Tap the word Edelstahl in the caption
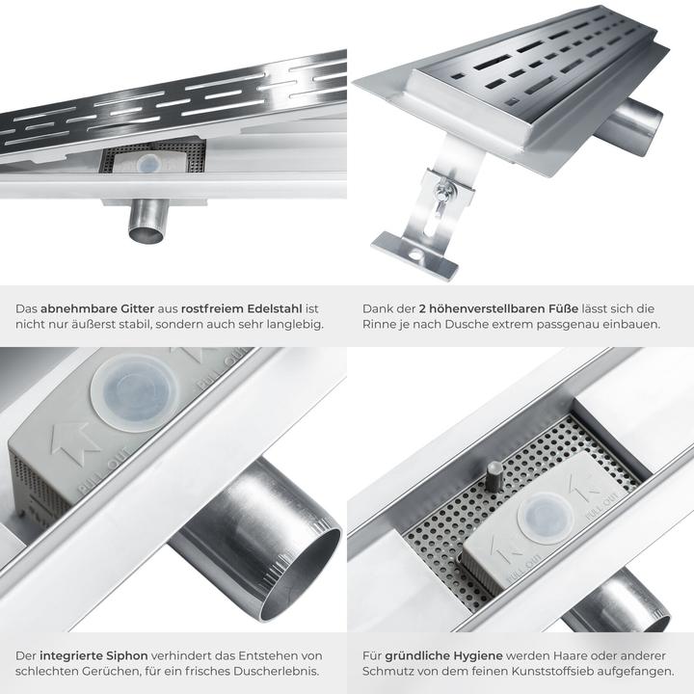pos(275,308)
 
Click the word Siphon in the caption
pos(126,656)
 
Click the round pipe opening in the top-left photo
pos(147,233)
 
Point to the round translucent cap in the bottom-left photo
pos(135,392)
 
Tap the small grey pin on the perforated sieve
pos(494,476)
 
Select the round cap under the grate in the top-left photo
pos(148,164)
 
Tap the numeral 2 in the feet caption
pos(422,308)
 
